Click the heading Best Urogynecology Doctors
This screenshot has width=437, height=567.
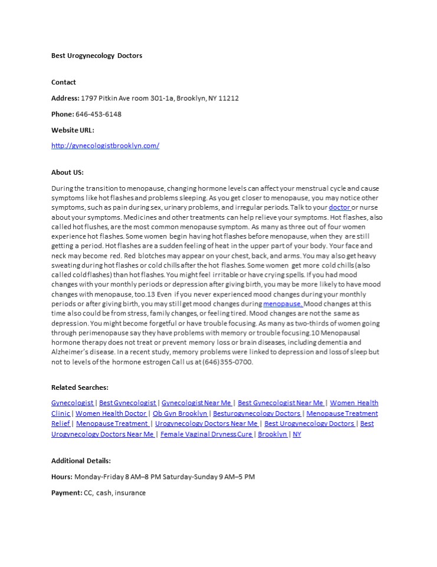click(x=97, y=56)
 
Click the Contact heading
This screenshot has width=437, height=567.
click(x=64, y=82)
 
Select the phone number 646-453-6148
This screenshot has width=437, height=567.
click(x=98, y=114)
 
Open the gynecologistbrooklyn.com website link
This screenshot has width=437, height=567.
click(x=105, y=145)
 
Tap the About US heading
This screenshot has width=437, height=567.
click(x=67, y=172)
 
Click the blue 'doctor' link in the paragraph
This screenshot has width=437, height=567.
click(x=340, y=208)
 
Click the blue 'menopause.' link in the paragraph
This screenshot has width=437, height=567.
click(x=284, y=304)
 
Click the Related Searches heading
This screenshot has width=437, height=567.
click(x=80, y=387)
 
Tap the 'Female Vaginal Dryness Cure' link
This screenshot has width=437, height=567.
click(x=206, y=434)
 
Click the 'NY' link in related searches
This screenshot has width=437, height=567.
click(x=297, y=434)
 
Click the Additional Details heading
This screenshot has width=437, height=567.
click(x=81, y=461)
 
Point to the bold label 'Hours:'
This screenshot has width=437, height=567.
click(x=62, y=477)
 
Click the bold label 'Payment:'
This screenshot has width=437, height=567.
click(x=66, y=493)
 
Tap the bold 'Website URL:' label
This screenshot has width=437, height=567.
click(x=73, y=130)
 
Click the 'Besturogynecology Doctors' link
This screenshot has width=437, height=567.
click(x=257, y=413)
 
